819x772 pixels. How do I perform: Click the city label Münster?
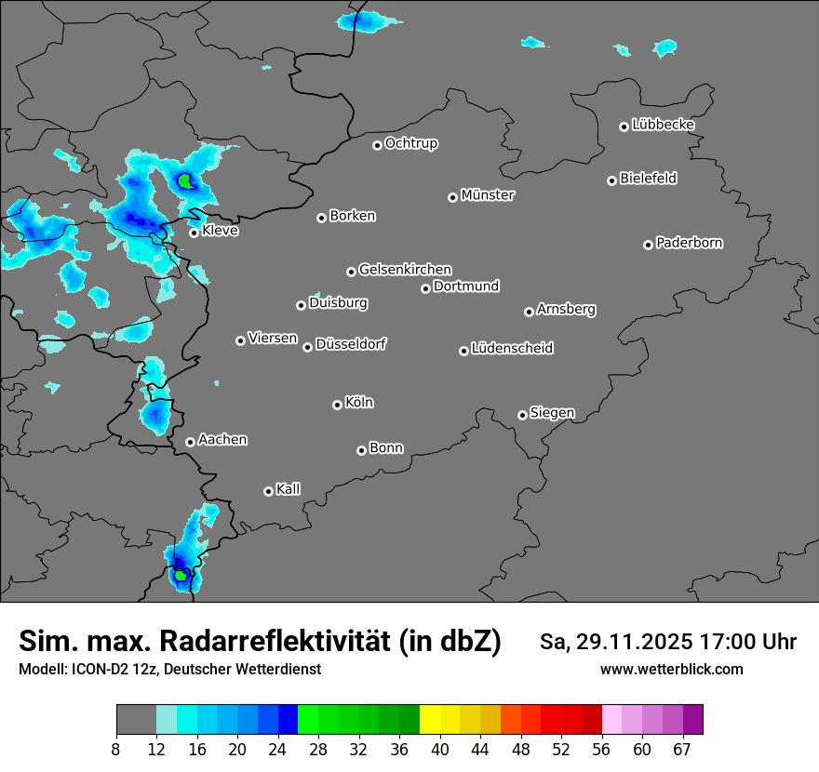click(488, 195)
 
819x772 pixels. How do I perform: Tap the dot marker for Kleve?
click(194, 233)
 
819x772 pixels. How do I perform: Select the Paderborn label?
click(689, 243)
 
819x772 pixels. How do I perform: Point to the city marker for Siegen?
click(522, 415)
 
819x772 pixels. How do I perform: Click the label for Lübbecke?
click(663, 125)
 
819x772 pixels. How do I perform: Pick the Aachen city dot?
click(190, 442)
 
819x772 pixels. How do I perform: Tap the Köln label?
click(359, 403)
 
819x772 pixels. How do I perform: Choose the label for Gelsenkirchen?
click(405, 270)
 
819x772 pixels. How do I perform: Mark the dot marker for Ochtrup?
click(377, 145)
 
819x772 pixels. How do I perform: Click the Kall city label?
click(289, 489)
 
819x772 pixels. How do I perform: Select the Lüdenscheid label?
click(512, 349)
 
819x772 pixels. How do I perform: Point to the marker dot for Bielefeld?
click(611, 180)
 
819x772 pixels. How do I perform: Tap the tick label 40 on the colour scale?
click(439, 749)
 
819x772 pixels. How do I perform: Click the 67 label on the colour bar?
click(682, 749)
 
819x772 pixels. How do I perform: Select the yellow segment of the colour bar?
click(429, 720)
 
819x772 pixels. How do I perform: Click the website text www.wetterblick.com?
click(671, 670)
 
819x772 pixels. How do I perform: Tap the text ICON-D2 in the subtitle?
click(98, 670)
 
